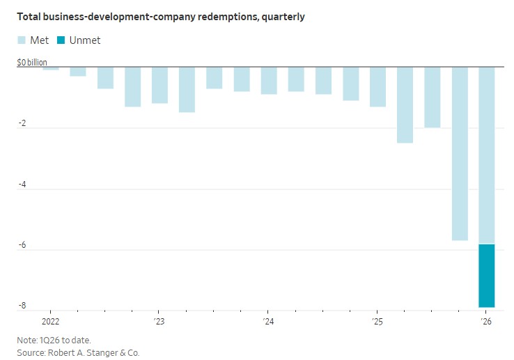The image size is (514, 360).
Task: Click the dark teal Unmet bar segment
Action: (x=486, y=276)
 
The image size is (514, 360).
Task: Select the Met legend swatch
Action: (x=22, y=40)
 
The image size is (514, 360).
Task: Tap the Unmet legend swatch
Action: (x=62, y=40)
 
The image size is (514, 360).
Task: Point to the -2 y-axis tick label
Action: (x=22, y=124)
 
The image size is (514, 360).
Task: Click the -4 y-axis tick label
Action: (x=22, y=185)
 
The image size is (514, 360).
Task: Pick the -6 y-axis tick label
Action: (x=22, y=245)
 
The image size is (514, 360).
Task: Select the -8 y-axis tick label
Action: (x=22, y=306)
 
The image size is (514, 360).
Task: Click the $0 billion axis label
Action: (x=33, y=63)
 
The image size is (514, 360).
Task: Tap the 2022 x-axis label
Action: (x=51, y=322)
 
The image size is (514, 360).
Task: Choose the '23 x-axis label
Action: (x=159, y=322)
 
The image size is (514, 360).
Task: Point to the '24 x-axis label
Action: (x=268, y=322)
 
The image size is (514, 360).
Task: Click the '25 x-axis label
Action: (x=377, y=322)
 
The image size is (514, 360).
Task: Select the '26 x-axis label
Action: (x=486, y=322)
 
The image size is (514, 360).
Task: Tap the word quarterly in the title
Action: (x=281, y=17)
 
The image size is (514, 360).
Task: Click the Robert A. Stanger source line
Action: (x=78, y=353)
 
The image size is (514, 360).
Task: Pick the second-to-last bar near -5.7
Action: (x=460, y=153)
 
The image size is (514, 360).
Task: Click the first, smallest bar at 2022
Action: (x=51, y=68)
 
